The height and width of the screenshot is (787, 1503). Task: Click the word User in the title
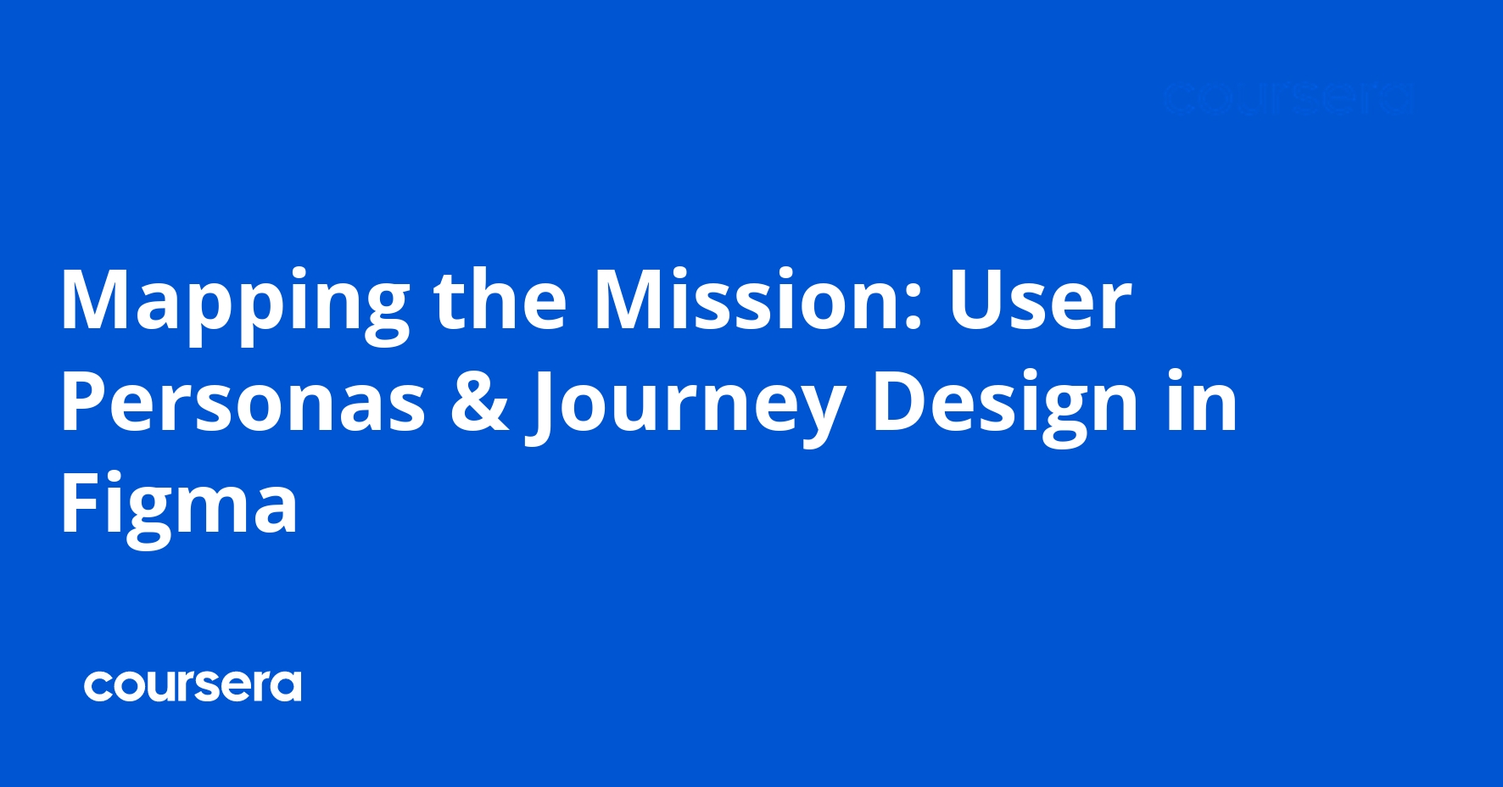[x=1040, y=301]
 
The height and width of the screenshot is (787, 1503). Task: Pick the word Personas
[x=243, y=403]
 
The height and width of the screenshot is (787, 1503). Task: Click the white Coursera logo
[x=193, y=686]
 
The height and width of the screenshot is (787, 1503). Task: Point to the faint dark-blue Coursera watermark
[x=1288, y=99]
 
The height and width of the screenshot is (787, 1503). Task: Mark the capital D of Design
[x=899, y=403]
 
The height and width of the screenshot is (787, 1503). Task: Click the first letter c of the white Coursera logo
[x=96, y=687]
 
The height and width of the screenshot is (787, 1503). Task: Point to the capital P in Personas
[x=81, y=403]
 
